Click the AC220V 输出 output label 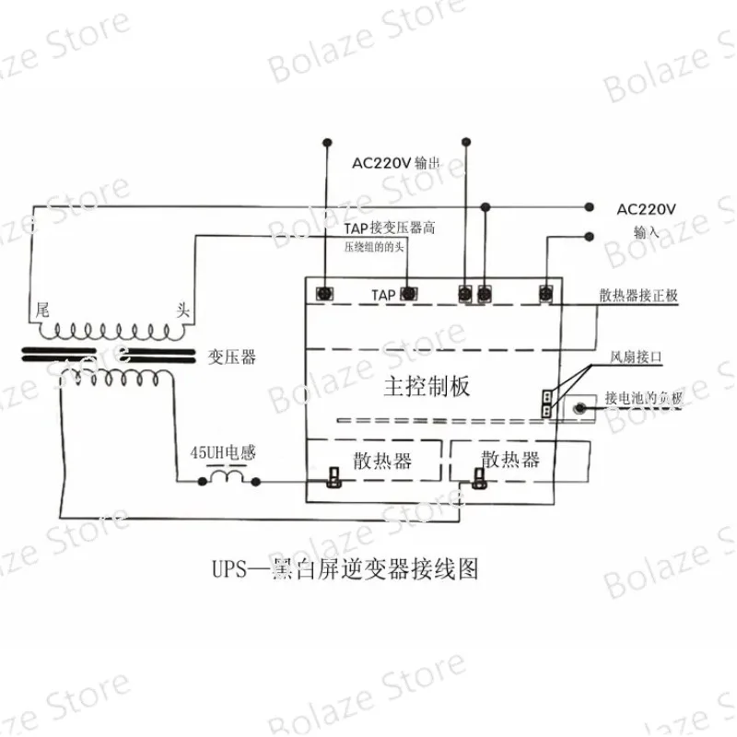395,163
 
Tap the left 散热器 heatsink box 375,461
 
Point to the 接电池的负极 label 644,398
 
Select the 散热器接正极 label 638,295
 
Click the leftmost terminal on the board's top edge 324,293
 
